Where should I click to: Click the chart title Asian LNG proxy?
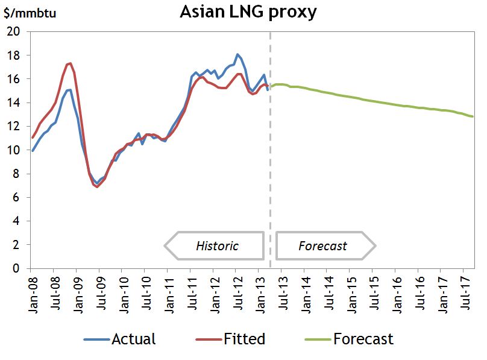(x=248, y=12)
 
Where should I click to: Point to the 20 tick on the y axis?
(x=14, y=32)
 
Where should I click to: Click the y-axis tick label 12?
(x=14, y=127)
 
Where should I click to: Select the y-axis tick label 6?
(x=17, y=198)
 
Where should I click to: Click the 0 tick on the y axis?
(x=17, y=269)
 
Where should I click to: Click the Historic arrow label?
(x=217, y=246)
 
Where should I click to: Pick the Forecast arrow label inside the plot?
(x=323, y=246)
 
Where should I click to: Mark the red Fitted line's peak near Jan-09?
(x=71, y=63)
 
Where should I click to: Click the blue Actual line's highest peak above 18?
(x=237, y=54)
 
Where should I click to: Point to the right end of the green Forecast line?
(x=473, y=116)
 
